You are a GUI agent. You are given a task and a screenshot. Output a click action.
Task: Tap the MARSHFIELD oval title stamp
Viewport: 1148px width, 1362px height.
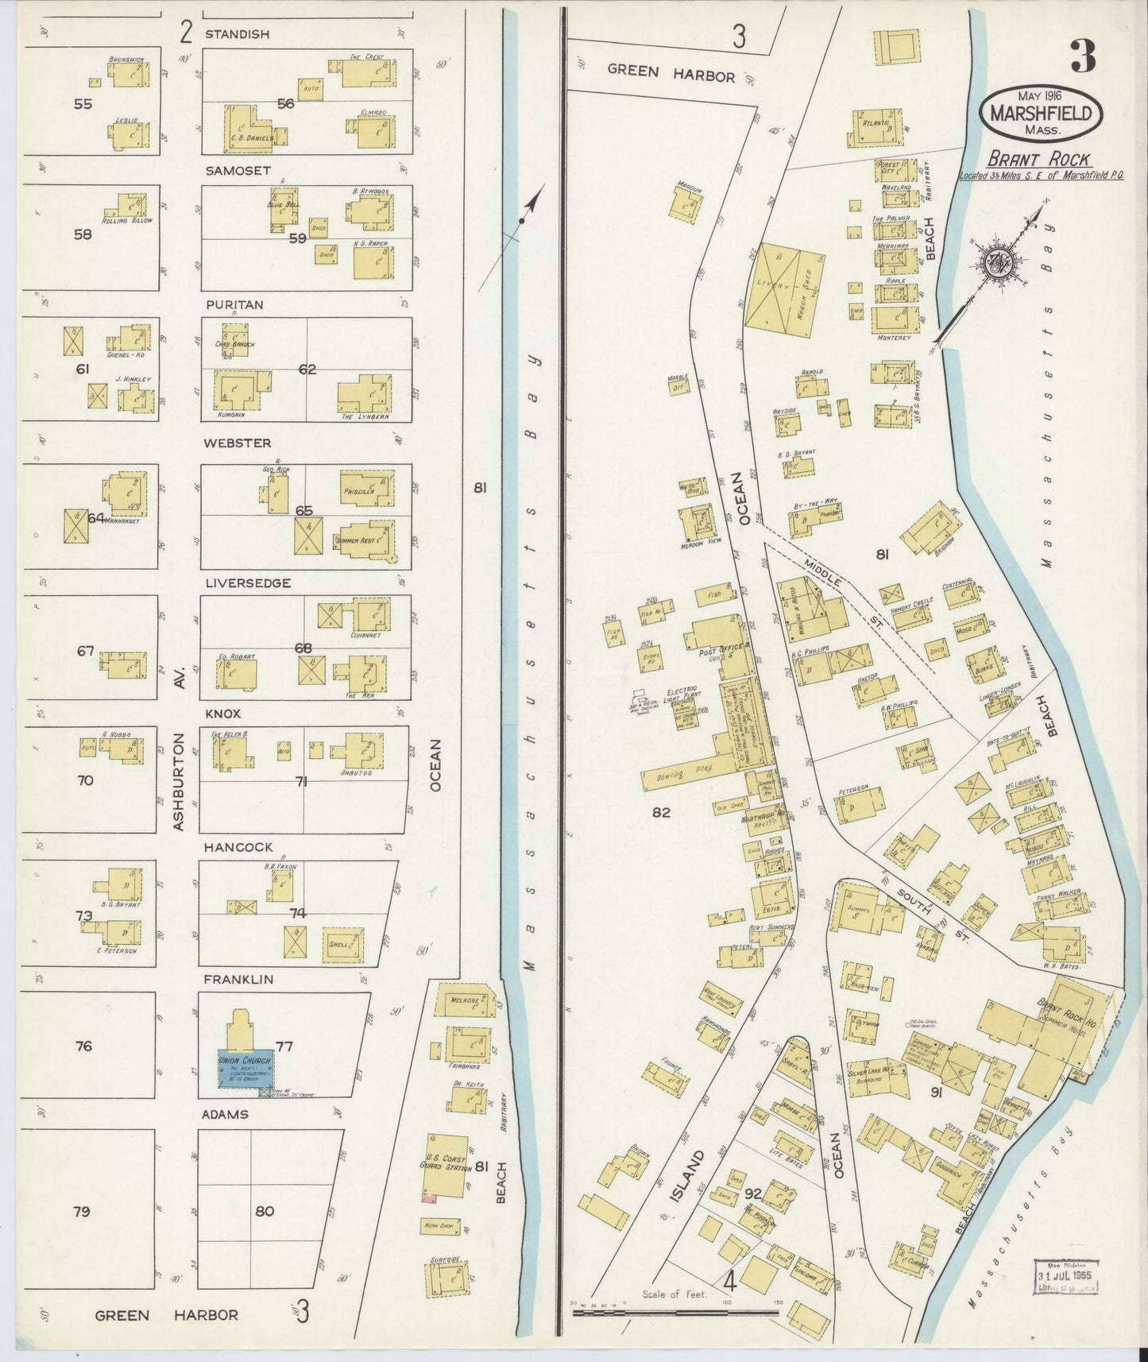1046,114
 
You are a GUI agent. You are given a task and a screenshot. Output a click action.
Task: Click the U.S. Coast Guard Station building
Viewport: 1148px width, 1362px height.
447,1166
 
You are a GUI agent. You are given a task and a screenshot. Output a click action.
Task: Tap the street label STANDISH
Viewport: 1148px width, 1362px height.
237,34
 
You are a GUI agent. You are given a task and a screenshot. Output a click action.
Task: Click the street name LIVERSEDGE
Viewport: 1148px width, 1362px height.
248,583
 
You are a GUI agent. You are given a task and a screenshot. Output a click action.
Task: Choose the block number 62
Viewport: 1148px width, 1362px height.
307,370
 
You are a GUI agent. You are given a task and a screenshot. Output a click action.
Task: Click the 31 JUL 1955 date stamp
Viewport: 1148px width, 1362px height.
1065,1280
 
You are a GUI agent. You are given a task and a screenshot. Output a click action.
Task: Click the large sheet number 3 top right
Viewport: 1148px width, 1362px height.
1082,56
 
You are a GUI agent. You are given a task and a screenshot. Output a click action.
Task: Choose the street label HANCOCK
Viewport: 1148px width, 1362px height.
238,848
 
